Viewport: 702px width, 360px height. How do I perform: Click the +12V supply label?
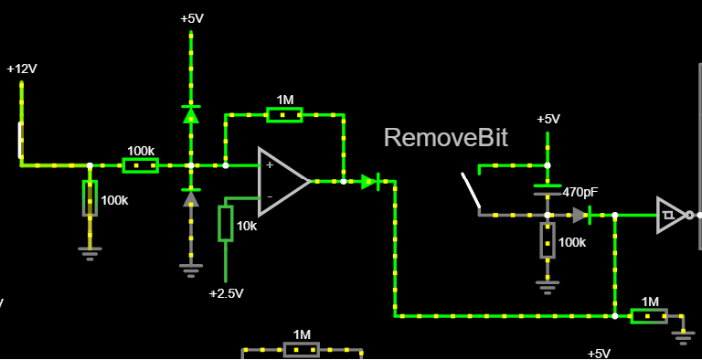click(x=22, y=69)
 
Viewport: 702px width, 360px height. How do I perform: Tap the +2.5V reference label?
click(x=227, y=293)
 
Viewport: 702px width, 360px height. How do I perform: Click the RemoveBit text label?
click(x=446, y=137)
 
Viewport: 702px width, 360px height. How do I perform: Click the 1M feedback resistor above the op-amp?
click(x=285, y=114)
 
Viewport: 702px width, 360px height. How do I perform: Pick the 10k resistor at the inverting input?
click(x=225, y=224)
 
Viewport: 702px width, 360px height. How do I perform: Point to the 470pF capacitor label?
click(x=580, y=193)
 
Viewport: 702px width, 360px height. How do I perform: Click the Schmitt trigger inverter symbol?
click(x=673, y=216)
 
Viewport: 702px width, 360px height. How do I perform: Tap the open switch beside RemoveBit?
click(x=472, y=192)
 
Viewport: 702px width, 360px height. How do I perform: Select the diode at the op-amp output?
click(x=370, y=182)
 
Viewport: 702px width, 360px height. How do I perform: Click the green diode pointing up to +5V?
click(x=191, y=114)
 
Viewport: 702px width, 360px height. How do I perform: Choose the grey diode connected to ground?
click(x=191, y=197)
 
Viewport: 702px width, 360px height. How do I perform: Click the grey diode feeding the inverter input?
click(x=581, y=216)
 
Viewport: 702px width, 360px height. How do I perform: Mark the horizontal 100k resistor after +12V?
click(x=141, y=165)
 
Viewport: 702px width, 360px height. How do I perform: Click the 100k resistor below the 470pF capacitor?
click(x=548, y=240)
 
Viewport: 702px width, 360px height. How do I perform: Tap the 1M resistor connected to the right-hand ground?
click(x=649, y=316)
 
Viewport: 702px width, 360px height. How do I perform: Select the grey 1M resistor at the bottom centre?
click(x=302, y=349)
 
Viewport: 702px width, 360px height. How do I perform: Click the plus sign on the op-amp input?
click(x=270, y=165)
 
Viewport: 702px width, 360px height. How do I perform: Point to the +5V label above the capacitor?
click(x=548, y=120)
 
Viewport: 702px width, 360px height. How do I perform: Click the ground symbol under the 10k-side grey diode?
click(x=191, y=270)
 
